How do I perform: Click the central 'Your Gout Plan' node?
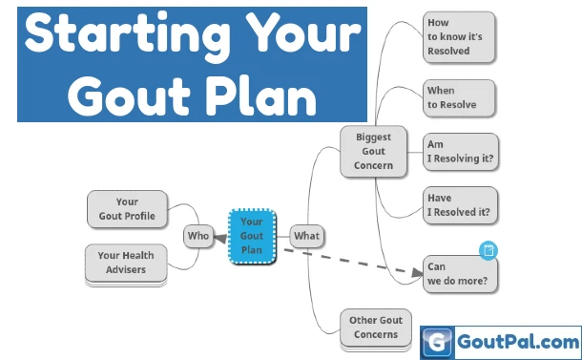coord(252,235)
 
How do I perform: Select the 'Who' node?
coord(197,235)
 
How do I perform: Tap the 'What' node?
coord(306,235)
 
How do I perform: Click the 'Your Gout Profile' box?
coord(127,208)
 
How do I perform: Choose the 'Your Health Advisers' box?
coord(125,262)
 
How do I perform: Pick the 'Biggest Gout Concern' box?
coord(373,152)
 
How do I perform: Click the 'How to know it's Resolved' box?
coord(459,36)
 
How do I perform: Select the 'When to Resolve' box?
coord(459,97)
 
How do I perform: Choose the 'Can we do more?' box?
coord(461,273)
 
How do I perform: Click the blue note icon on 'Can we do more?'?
coord(488,250)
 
